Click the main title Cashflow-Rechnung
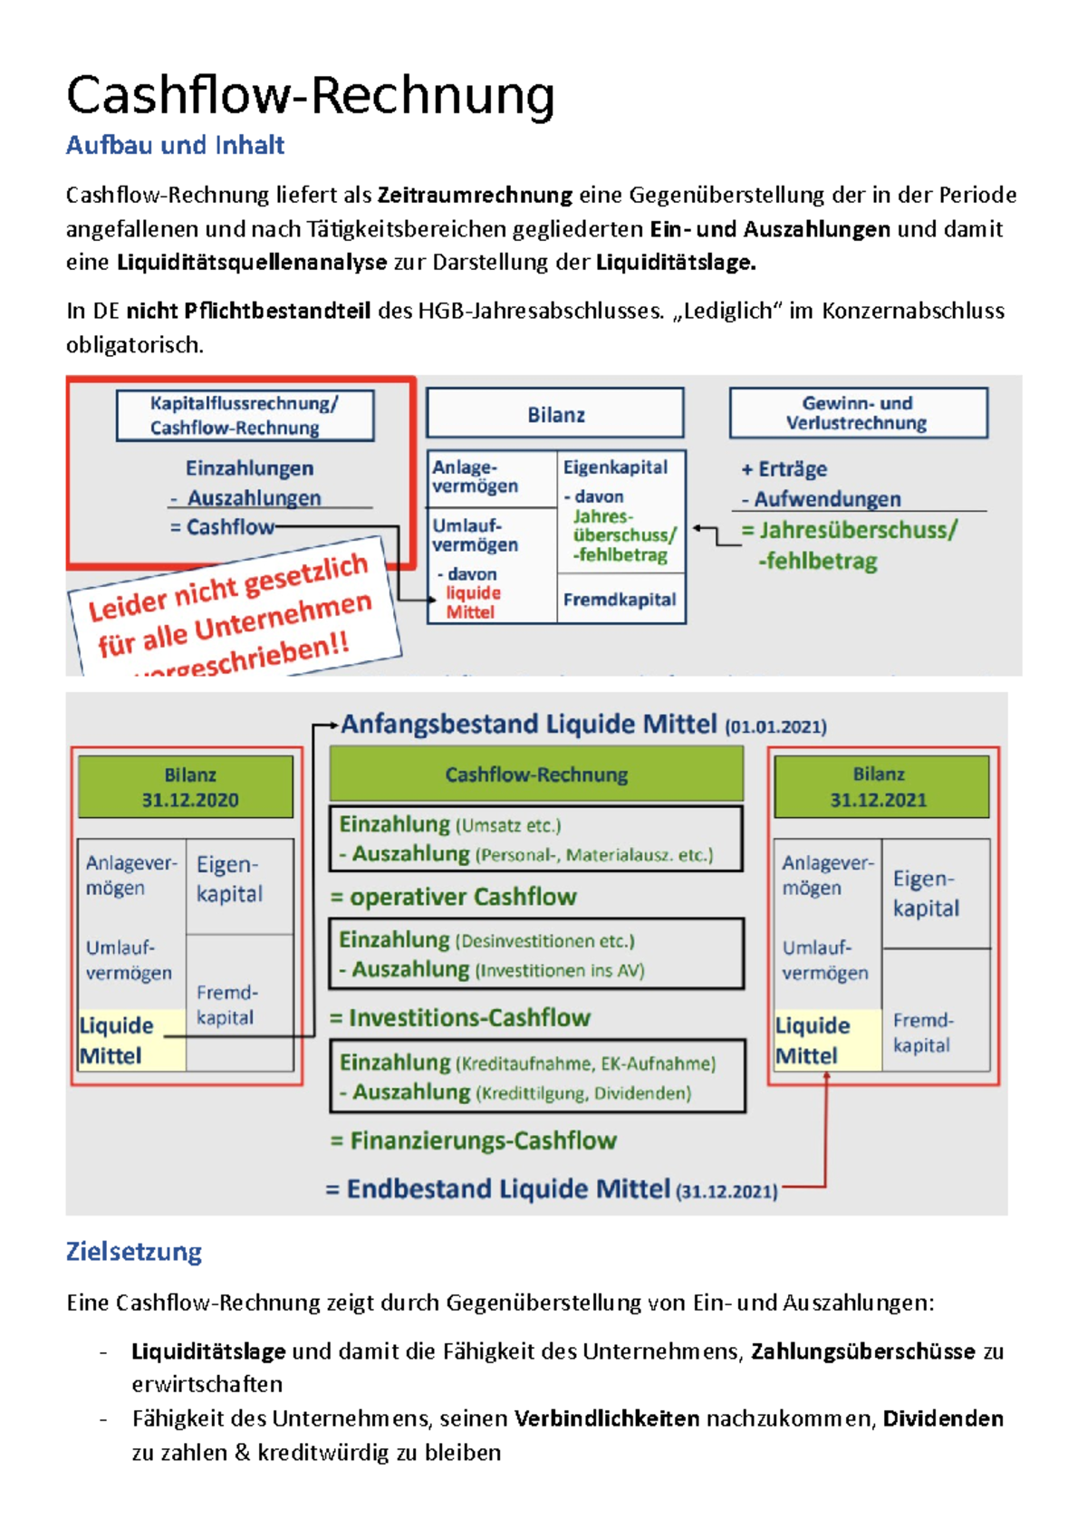(x=310, y=96)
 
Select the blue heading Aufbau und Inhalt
(x=175, y=145)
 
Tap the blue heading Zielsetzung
(x=134, y=1252)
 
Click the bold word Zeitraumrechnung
(x=475, y=195)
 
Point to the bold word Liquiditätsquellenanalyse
(x=252, y=263)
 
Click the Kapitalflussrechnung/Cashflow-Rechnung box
(x=245, y=416)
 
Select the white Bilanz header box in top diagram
(x=555, y=415)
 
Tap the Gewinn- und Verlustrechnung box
(x=857, y=413)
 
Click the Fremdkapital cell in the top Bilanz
(x=620, y=600)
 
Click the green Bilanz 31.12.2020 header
(x=189, y=787)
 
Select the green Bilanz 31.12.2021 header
(x=879, y=787)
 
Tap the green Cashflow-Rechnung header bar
(x=536, y=774)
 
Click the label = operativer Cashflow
(x=453, y=897)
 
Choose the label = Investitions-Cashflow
(x=460, y=1018)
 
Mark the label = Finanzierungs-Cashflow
(x=474, y=1140)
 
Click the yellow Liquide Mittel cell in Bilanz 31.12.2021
(x=825, y=1041)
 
